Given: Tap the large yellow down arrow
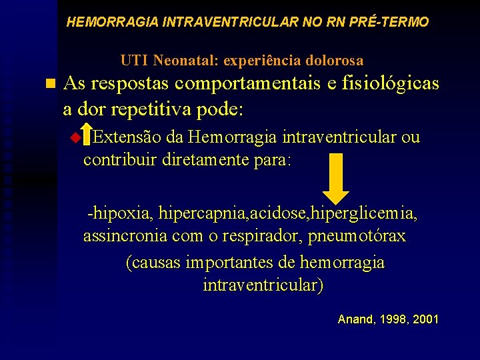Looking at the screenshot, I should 340,176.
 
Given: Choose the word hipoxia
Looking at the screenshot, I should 122,213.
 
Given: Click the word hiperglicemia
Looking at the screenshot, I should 369,213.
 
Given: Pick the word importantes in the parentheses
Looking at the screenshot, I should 255,262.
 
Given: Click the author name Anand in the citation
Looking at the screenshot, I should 355,319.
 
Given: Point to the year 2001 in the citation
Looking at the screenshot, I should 426,319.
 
